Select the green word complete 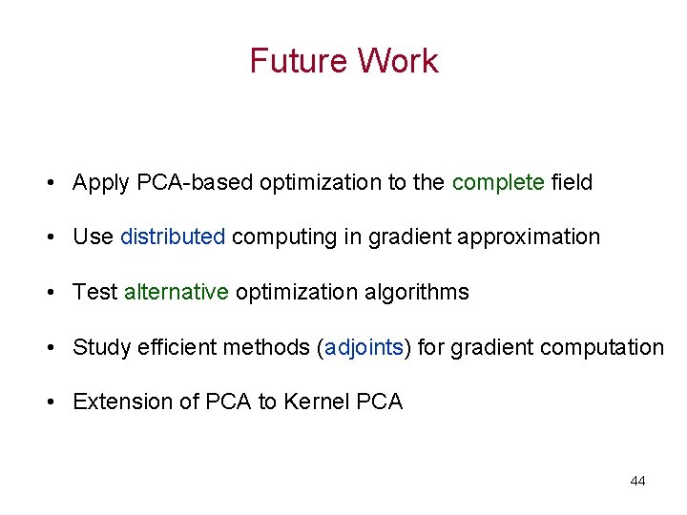pyautogui.click(x=497, y=182)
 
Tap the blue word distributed pyautogui.click(x=173, y=237)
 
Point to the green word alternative pyautogui.click(x=177, y=292)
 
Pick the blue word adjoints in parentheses pyautogui.click(x=364, y=347)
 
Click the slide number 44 pyautogui.click(x=637, y=482)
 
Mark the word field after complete pyautogui.click(x=572, y=182)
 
